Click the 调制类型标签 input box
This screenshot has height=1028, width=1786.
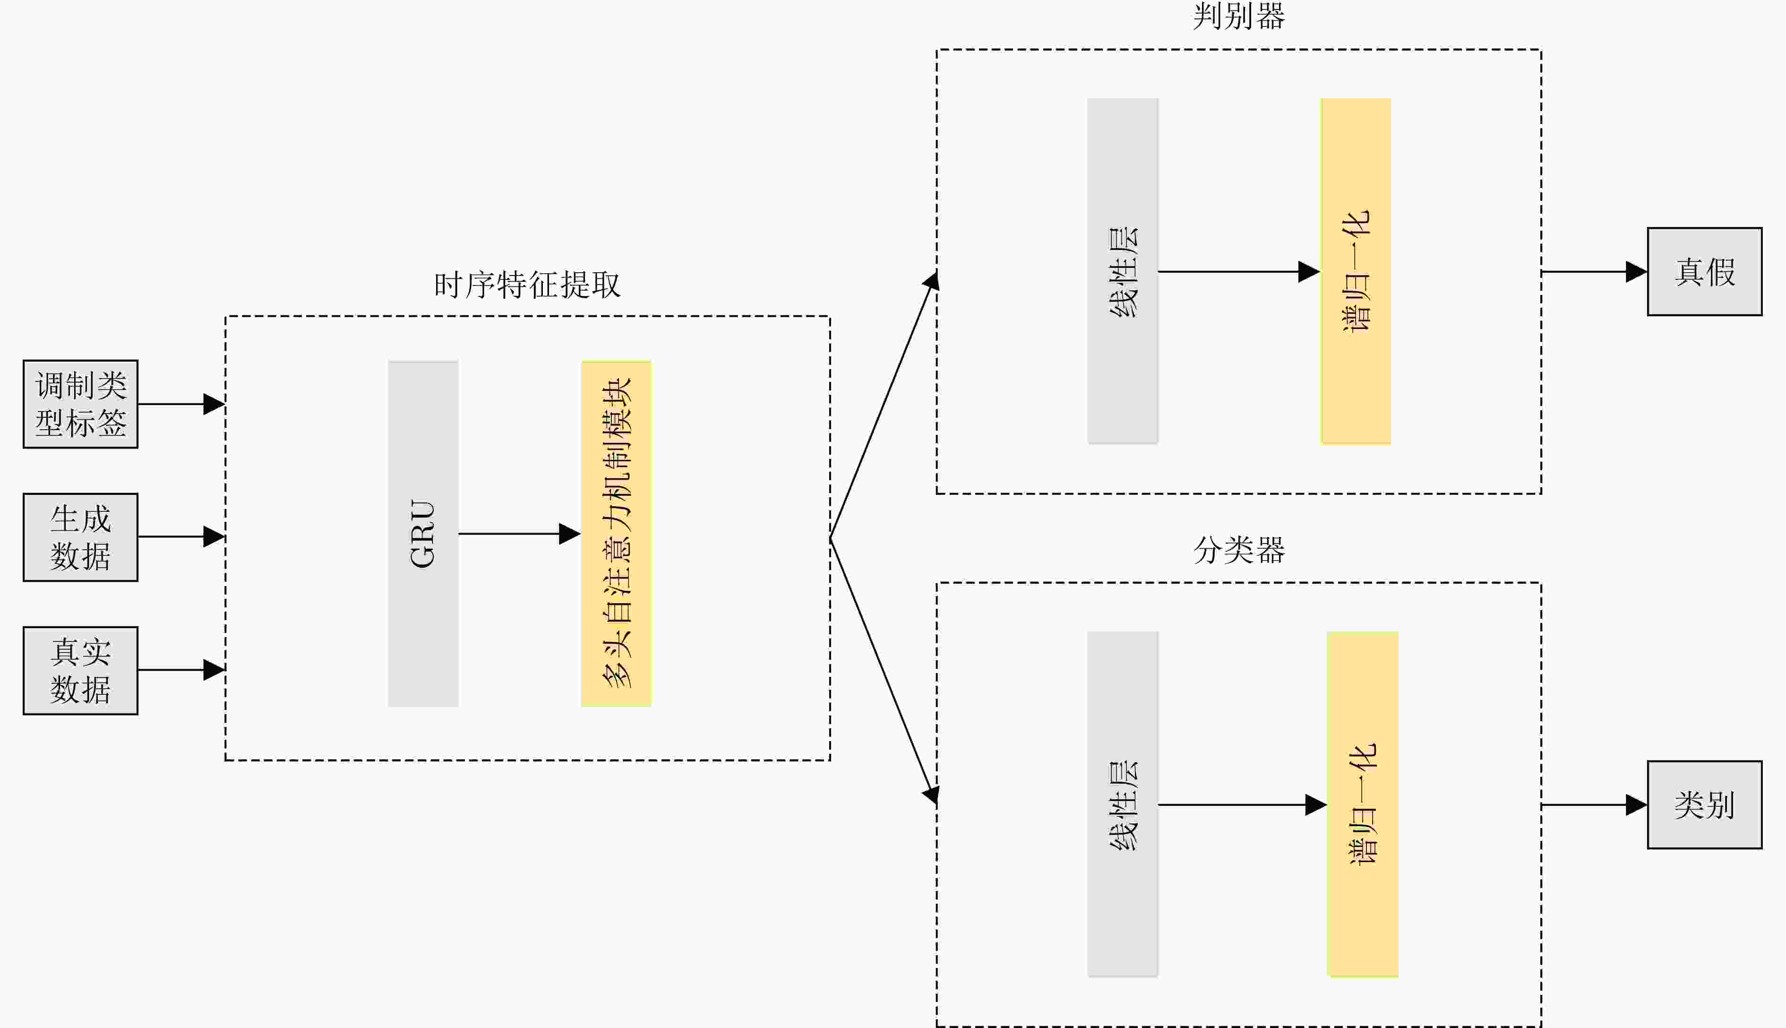pyautogui.click(x=80, y=404)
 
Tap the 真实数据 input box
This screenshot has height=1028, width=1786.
pyautogui.click(x=80, y=671)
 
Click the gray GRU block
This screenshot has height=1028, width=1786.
pyautogui.click(x=423, y=534)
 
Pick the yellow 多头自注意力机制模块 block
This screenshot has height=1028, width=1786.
pyautogui.click(x=616, y=534)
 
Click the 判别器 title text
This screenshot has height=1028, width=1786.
pyautogui.click(x=1238, y=16)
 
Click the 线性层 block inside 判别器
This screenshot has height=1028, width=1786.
pyautogui.click(x=1123, y=271)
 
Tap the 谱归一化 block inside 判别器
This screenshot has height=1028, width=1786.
pyautogui.click(x=1356, y=271)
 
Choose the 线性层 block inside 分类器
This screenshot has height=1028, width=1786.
pyautogui.click(x=1123, y=804)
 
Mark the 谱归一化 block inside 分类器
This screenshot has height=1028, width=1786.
pyautogui.click(x=1363, y=804)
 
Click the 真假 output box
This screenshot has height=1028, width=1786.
pyautogui.click(x=1704, y=272)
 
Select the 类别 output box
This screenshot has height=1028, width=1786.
pyautogui.click(x=1704, y=805)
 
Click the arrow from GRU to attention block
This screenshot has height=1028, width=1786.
pyautogui.click(x=519, y=534)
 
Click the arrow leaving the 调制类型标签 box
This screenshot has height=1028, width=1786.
pyautogui.click(x=180, y=404)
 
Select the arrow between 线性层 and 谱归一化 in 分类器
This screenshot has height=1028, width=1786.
pyautogui.click(x=1242, y=805)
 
